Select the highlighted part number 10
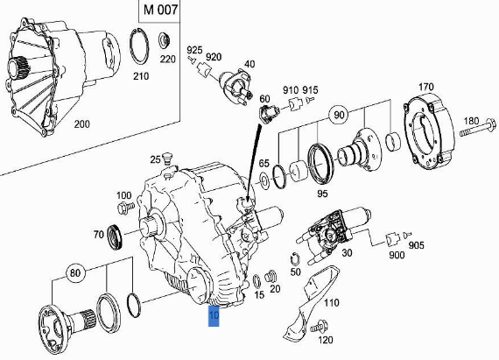pos(214,315)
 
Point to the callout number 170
pos(426,86)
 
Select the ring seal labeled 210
pos(137,47)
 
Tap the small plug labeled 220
pos(165,40)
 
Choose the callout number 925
pos(194,49)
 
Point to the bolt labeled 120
pos(313,328)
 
